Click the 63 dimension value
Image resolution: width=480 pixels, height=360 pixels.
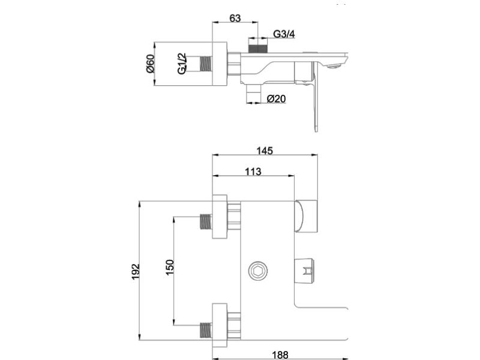pyautogui.click(x=235, y=19)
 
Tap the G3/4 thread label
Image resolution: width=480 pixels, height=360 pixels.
pyautogui.click(x=284, y=34)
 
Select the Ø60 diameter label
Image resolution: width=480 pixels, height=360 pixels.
pyautogui.click(x=150, y=63)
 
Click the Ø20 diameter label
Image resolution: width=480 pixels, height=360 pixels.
pyautogui.click(x=275, y=98)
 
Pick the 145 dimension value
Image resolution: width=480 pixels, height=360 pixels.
pyautogui.click(x=264, y=151)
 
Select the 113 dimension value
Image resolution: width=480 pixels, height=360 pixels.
pyautogui.click(x=253, y=172)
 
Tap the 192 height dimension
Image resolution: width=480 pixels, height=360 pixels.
pyautogui.click(x=136, y=271)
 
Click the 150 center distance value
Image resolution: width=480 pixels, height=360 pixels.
pyautogui.click(x=170, y=268)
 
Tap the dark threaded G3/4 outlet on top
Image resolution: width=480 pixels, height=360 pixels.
pyautogui.click(x=257, y=46)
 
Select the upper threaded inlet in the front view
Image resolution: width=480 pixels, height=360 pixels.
pyautogui.click(x=206, y=222)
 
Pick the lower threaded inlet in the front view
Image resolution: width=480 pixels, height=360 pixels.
pyautogui.click(x=206, y=329)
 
